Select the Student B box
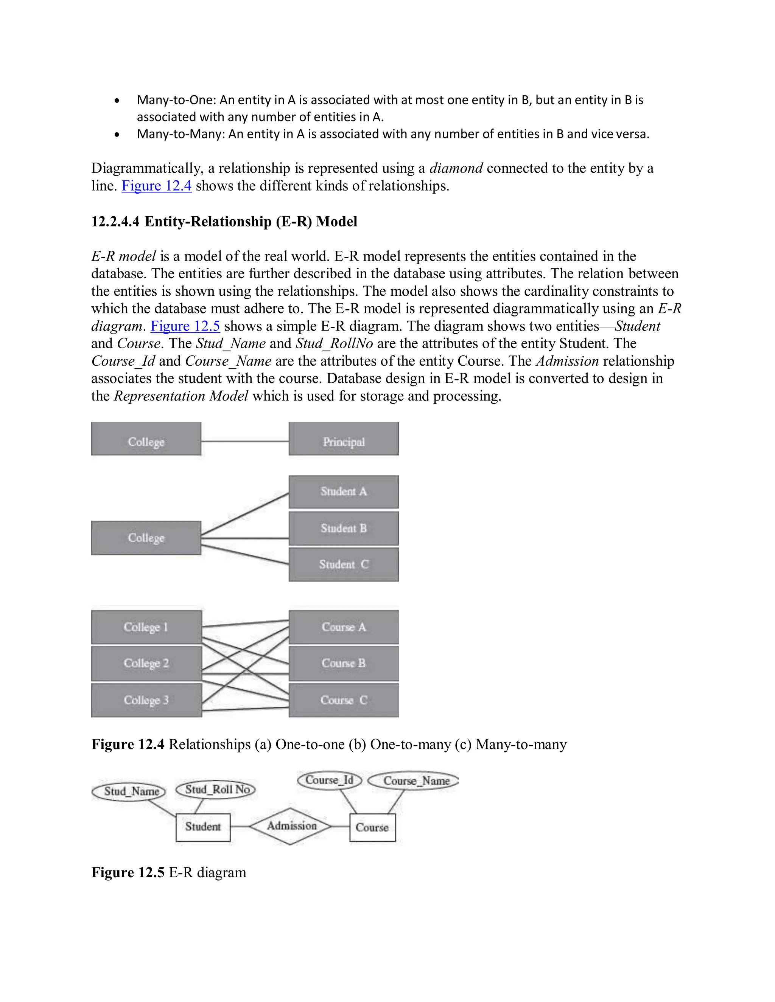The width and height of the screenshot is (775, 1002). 344,528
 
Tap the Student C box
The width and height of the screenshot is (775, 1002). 344,564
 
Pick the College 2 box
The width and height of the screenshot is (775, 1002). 146,664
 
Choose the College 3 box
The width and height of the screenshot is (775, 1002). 146,700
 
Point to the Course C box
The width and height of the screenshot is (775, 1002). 344,700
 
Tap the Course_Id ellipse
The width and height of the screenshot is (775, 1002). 329,780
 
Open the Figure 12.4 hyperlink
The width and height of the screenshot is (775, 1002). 157,186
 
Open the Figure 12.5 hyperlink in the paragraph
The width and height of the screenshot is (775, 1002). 185,326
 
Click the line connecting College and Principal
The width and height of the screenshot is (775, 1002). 245,441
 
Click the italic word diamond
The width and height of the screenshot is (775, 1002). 456,168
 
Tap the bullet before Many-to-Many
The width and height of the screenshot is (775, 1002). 118,135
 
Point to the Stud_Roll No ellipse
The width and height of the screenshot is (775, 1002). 216,790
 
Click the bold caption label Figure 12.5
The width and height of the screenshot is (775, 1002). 128,872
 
